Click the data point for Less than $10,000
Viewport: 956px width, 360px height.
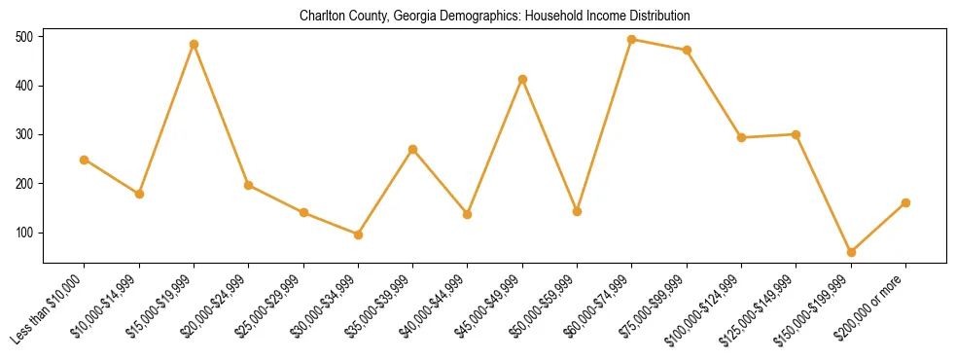(x=85, y=160)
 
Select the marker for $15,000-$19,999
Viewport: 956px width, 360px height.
(x=195, y=45)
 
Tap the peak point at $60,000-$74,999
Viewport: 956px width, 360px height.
(x=632, y=40)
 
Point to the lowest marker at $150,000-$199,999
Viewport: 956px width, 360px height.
(x=851, y=252)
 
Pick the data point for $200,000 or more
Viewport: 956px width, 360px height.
(x=905, y=202)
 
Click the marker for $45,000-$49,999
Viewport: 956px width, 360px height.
(x=522, y=79)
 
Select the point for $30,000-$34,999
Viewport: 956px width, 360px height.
(x=358, y=234)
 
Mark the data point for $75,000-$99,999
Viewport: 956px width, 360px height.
(x=687, y=50)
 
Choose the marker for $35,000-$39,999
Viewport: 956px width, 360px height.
(x=413, y=149)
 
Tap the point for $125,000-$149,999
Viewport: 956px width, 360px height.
(x=797, y=134)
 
